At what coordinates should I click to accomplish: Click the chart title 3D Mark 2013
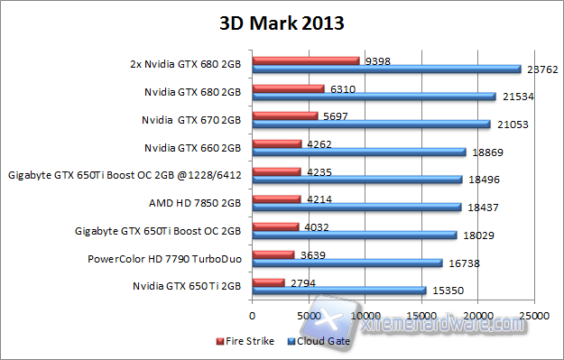tap(282, 22)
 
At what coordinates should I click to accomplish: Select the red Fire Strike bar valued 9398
tap(306, 61)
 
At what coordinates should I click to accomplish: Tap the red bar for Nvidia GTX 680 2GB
tap(288, 88)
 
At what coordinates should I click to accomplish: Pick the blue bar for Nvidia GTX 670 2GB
tap(371, 124)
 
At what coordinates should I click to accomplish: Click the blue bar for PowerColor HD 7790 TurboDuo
tap(347, 263)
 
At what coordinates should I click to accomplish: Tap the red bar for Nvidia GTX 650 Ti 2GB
tap(268, 282)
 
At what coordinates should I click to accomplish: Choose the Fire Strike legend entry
tap(245, 342)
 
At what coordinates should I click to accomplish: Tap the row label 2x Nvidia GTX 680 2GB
tap(184, 65)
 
